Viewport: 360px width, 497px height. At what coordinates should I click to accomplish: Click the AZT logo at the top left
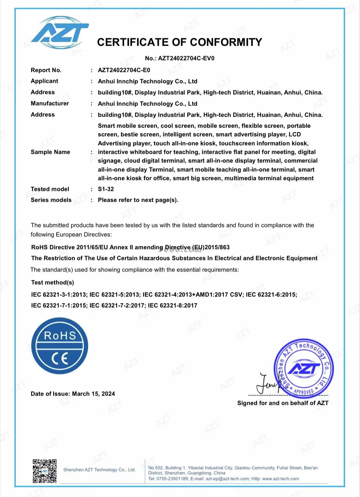(x=59, y=33)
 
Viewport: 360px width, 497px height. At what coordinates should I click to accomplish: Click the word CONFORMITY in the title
(x=226, y=42)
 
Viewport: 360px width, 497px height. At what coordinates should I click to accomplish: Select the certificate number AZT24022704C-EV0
(x=186, y=58)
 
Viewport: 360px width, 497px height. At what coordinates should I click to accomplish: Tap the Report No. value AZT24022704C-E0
(x=124, y=70)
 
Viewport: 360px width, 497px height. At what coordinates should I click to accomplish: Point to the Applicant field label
(x=44, y=81)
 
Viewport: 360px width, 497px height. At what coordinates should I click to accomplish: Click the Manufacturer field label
(x=50, y=104)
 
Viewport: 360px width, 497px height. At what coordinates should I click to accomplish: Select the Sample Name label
(x=50, y=152)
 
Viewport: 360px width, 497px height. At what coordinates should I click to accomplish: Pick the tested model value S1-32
(x=106, y=189)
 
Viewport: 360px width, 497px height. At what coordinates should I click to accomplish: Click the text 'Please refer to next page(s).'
(x=138, y=200)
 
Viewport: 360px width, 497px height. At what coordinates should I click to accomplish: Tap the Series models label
(x=51, y=200)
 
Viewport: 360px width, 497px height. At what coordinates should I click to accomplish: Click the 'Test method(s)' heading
(x=52, y=282)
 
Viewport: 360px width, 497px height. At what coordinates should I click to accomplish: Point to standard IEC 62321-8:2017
(x=172, y=305)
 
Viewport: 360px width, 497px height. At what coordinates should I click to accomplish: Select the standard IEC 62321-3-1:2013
(x=59, y=295)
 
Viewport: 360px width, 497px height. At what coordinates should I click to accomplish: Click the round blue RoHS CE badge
(x=60, y=346)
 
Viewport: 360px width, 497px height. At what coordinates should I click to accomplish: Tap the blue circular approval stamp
(x=303, y=368)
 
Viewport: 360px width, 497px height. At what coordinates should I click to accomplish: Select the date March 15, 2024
(x=93, y=394)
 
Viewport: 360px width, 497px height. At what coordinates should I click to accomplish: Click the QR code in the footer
(x=44, y=471)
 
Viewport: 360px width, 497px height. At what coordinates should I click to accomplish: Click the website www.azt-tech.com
(x=280, y=479)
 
